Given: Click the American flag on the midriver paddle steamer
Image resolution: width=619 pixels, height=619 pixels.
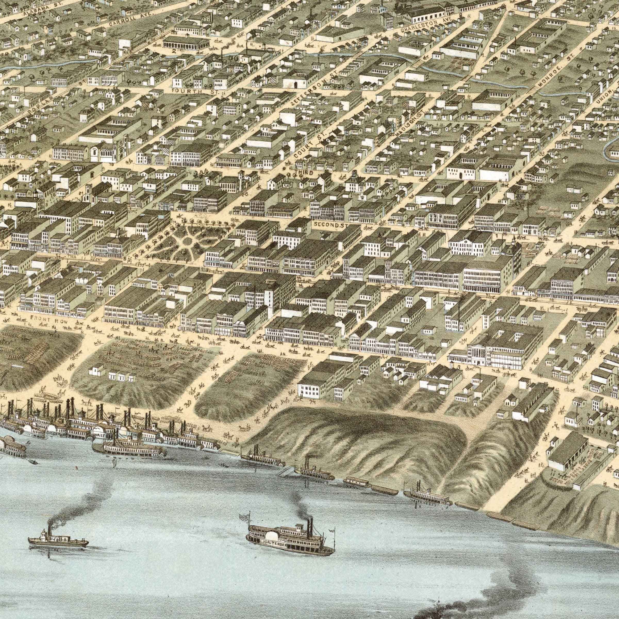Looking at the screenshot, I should point(244,516).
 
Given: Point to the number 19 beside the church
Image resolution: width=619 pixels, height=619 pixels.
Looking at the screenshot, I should point(111,165).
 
